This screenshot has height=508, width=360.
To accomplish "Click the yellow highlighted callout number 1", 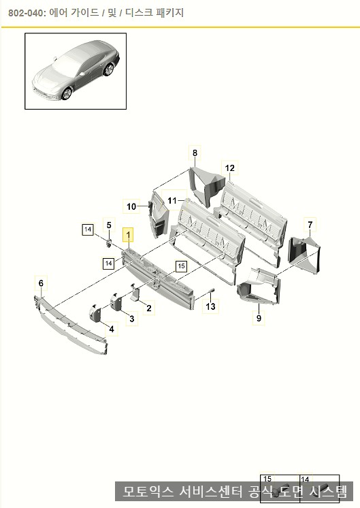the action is point(128,234).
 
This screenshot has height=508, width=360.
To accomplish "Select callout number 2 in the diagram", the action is point(149,308).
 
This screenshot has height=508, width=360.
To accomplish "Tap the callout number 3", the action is point(132,319).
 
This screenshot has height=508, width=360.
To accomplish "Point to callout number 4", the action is point(112,329).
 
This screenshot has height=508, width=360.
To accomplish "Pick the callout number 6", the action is point(41,283).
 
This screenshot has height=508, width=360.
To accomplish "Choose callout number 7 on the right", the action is point(310,225).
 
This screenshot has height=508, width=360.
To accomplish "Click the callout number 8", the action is point(195,153).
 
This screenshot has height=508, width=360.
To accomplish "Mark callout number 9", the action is point(259,318).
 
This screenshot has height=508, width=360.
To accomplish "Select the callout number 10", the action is point(131,206).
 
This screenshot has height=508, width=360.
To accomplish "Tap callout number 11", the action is point(172,200).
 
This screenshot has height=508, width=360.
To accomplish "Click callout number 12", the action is point(229,168).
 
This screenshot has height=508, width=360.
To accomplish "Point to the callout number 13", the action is point(210,306).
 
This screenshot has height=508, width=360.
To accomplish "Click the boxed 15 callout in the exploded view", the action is point(181,266).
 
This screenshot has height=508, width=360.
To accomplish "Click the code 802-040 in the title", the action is point(25,13).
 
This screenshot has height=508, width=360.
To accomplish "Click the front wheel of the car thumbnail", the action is point(67,94).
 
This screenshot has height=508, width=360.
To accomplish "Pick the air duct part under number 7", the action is point(304,254).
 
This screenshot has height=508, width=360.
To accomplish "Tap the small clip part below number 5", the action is point(109,243).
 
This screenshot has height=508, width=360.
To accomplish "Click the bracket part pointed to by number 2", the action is point(135,293).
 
